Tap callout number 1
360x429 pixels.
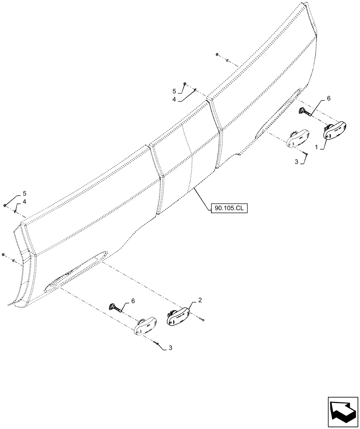tap(317, 147)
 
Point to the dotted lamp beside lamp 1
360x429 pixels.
tap(297, 138)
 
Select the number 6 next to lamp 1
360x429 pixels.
tap(329, 98)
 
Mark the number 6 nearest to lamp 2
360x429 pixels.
tap(133, 302)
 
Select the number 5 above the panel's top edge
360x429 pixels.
tap(174, 91)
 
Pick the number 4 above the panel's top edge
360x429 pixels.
tap(174, 99)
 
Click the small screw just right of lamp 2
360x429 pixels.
tap(204, 319)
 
